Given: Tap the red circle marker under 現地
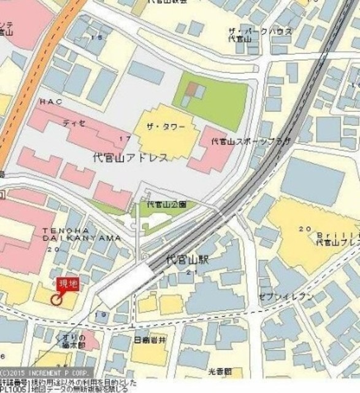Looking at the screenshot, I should [57, 300].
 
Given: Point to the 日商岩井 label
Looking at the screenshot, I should [151, 338].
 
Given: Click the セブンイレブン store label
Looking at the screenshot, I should [286, 297].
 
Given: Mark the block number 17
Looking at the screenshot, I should [125, 138].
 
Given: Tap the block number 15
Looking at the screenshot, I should [97, 37].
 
